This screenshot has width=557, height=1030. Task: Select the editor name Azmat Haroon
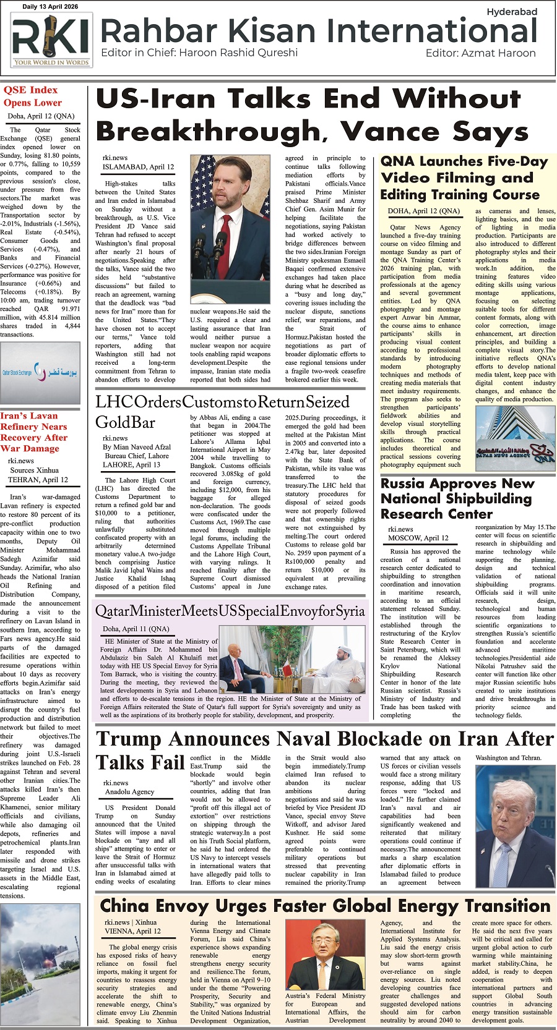(498, 53)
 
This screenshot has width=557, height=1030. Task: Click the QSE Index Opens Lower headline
(33, 96)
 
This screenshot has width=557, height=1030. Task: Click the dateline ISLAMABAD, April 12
(138, 167)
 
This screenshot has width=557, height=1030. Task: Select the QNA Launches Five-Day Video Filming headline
(464, 178)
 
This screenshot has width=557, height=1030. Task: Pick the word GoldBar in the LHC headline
(125, 422)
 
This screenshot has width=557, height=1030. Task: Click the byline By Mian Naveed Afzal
(137, 447)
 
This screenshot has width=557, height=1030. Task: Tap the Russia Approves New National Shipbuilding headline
(457, 498)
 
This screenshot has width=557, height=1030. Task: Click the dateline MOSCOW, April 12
(418, 538)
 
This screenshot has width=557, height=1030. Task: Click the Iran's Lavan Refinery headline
(38, 432)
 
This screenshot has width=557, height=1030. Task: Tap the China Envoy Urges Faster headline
(326, 906)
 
